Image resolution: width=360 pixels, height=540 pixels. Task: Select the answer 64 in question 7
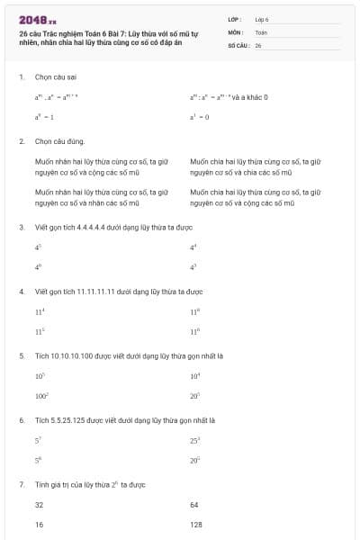pyautogui.click(x=194, y=505)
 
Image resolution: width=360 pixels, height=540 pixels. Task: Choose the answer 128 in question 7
pyautogui.click(x=196, y=523)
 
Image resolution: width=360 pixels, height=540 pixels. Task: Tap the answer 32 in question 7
pyautogui.click(x=40, y=505)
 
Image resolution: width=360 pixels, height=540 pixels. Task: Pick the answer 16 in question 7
pyautogui.click(x=40, y=523)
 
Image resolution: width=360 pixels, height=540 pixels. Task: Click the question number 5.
pyautogui.click(x=22, y=355)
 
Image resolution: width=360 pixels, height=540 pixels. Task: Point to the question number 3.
pyautogui.click(x=22, y=227)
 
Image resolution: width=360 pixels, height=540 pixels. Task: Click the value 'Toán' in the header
pyautogui.click(x=261, y=31)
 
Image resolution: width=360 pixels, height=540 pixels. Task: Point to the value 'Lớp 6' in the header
pyautogui.click(x=262, y=18)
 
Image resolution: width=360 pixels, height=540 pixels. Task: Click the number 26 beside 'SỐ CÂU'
pyautogui.click(x=258, y=44)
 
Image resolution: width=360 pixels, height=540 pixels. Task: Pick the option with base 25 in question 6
pyautogui.click(x=194, y=440)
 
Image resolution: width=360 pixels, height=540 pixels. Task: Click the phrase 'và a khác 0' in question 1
pyautogui.click(x=247, y=97)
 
